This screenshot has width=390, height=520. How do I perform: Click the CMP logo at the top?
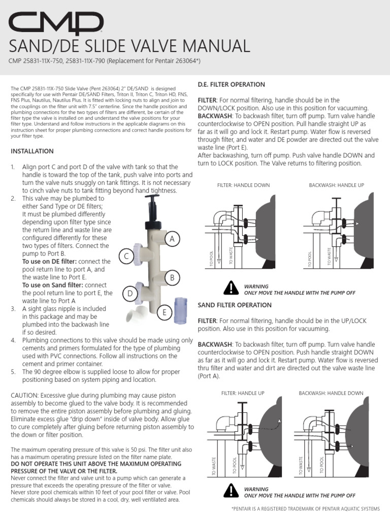pyautogui.click(x=56, y=24)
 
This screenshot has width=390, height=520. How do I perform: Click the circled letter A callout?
pyautogui.click(x=173, y=238)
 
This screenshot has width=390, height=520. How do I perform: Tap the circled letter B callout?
pyautogui.click(x=173, y=277)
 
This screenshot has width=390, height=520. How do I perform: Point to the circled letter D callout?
pyautogui.click(x=130, y=294)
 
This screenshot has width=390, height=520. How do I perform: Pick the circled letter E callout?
pyautogui.click(x=165, y=313)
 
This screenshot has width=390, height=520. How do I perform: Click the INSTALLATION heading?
pyautogui.click(x=32, y=151)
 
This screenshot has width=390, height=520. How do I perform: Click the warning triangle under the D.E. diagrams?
pyautogui.click(x=231, y=288)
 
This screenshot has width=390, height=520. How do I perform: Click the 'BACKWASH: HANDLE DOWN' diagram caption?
pyautogui.click(x=331, y=393)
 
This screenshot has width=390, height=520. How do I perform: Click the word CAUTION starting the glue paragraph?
pyautogui.click(x=25, y=395)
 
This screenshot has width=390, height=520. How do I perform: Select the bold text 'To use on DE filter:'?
pyautogui.click(x=46, y=261)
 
